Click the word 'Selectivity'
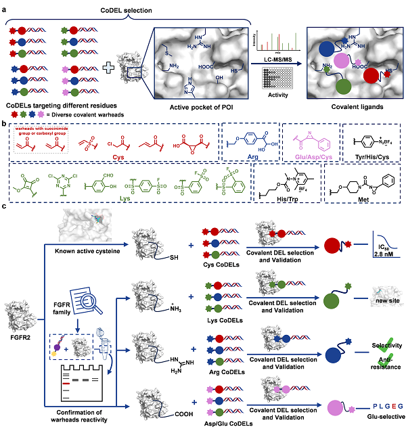pyautogui.click(x=382, y=344)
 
